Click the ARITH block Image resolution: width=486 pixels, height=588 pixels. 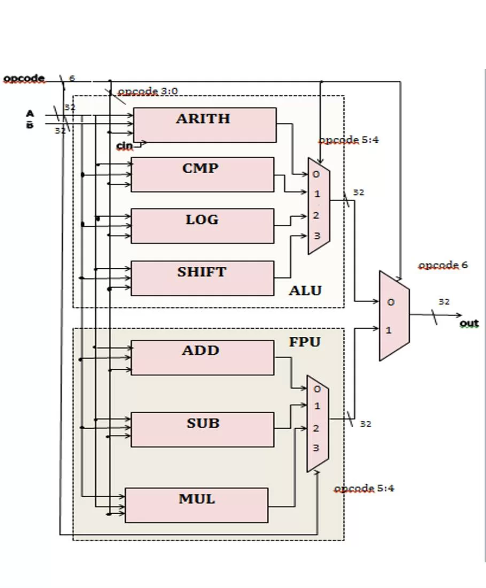click(x=205, y=125)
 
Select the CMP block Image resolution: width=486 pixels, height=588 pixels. click(x=203, y=174)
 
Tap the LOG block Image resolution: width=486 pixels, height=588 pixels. click(x=203, y=226)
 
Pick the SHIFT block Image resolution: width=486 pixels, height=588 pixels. click(x=203, y=278)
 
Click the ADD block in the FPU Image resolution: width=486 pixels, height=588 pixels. click(x=203, y=357)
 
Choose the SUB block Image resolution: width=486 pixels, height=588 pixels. click(x=203, y=429)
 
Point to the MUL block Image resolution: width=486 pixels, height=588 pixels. click(x=197, y=505)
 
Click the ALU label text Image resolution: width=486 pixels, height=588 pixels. click(x=305, y=291)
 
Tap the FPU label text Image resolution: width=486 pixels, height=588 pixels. click(x=305, y=342)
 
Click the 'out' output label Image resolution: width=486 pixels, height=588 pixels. click(x=469, y=323)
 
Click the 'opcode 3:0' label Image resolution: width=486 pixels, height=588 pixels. click(x=148, y=91)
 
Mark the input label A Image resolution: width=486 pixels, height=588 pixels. click(x=30, y=113)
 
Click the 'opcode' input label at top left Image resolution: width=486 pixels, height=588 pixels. click(x=24, y=79)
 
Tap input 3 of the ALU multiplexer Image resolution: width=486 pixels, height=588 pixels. click(x=317, y=236)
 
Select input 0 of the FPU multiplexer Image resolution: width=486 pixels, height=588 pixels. click(x=317, y=389)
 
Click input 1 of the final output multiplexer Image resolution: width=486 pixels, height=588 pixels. click(x=389, y=330)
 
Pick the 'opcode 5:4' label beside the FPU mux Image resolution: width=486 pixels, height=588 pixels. click(x=364, y=489)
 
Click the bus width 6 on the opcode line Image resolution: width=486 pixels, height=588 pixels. click(x=72, y=78)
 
